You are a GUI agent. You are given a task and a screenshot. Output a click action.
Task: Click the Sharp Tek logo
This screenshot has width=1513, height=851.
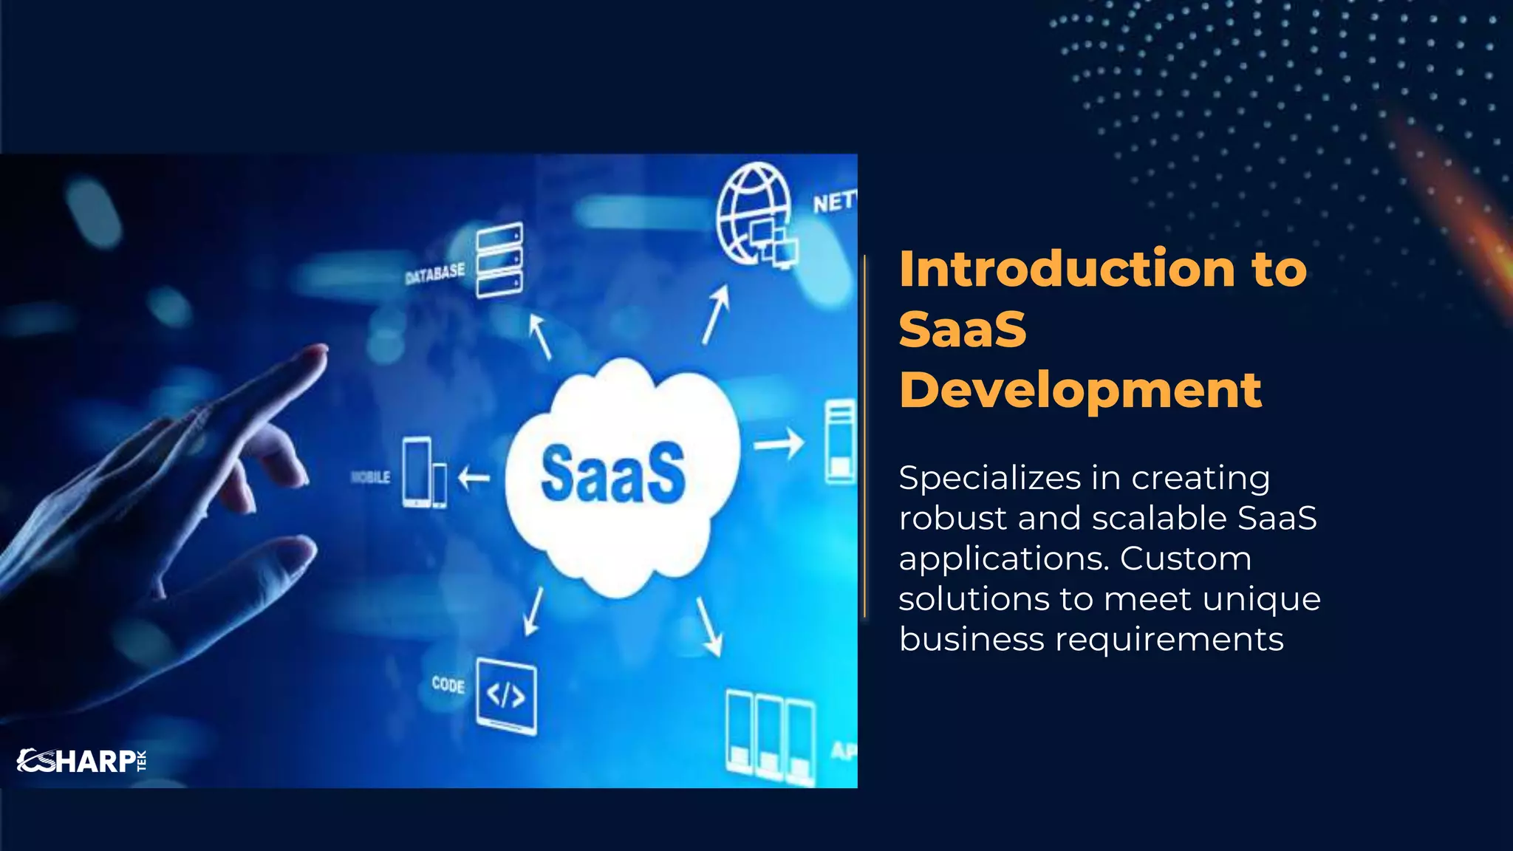pyautogui.click(x=81, y=760)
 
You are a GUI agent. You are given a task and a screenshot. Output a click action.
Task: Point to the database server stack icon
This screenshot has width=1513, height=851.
pyautogui.click(x=499, y=260)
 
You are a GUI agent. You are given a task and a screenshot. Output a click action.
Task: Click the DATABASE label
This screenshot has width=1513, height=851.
pyautogui.click(x=435, y=273)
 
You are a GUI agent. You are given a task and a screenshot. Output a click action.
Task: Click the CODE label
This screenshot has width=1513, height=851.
pyautogui.click(x=448, y=685)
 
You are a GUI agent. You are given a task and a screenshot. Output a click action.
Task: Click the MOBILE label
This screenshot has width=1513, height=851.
pyautogui.click(x=371, y=477)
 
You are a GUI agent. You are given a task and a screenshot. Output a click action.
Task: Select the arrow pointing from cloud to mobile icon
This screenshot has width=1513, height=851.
pyautogui.click(x=474, y=478)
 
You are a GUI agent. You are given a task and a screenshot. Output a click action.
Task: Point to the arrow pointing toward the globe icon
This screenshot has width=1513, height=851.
pyautogui.click(x=716, y=315)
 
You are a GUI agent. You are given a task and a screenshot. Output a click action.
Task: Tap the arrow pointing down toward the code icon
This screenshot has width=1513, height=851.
pyautogui.click(x=533, y=612)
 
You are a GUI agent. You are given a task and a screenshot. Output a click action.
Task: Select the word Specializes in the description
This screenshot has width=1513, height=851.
pyautogui.click(x=990, y=479)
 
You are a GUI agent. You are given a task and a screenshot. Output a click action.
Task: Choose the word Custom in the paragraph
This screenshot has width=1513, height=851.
pyautogui.click(x=1185, y=558)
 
